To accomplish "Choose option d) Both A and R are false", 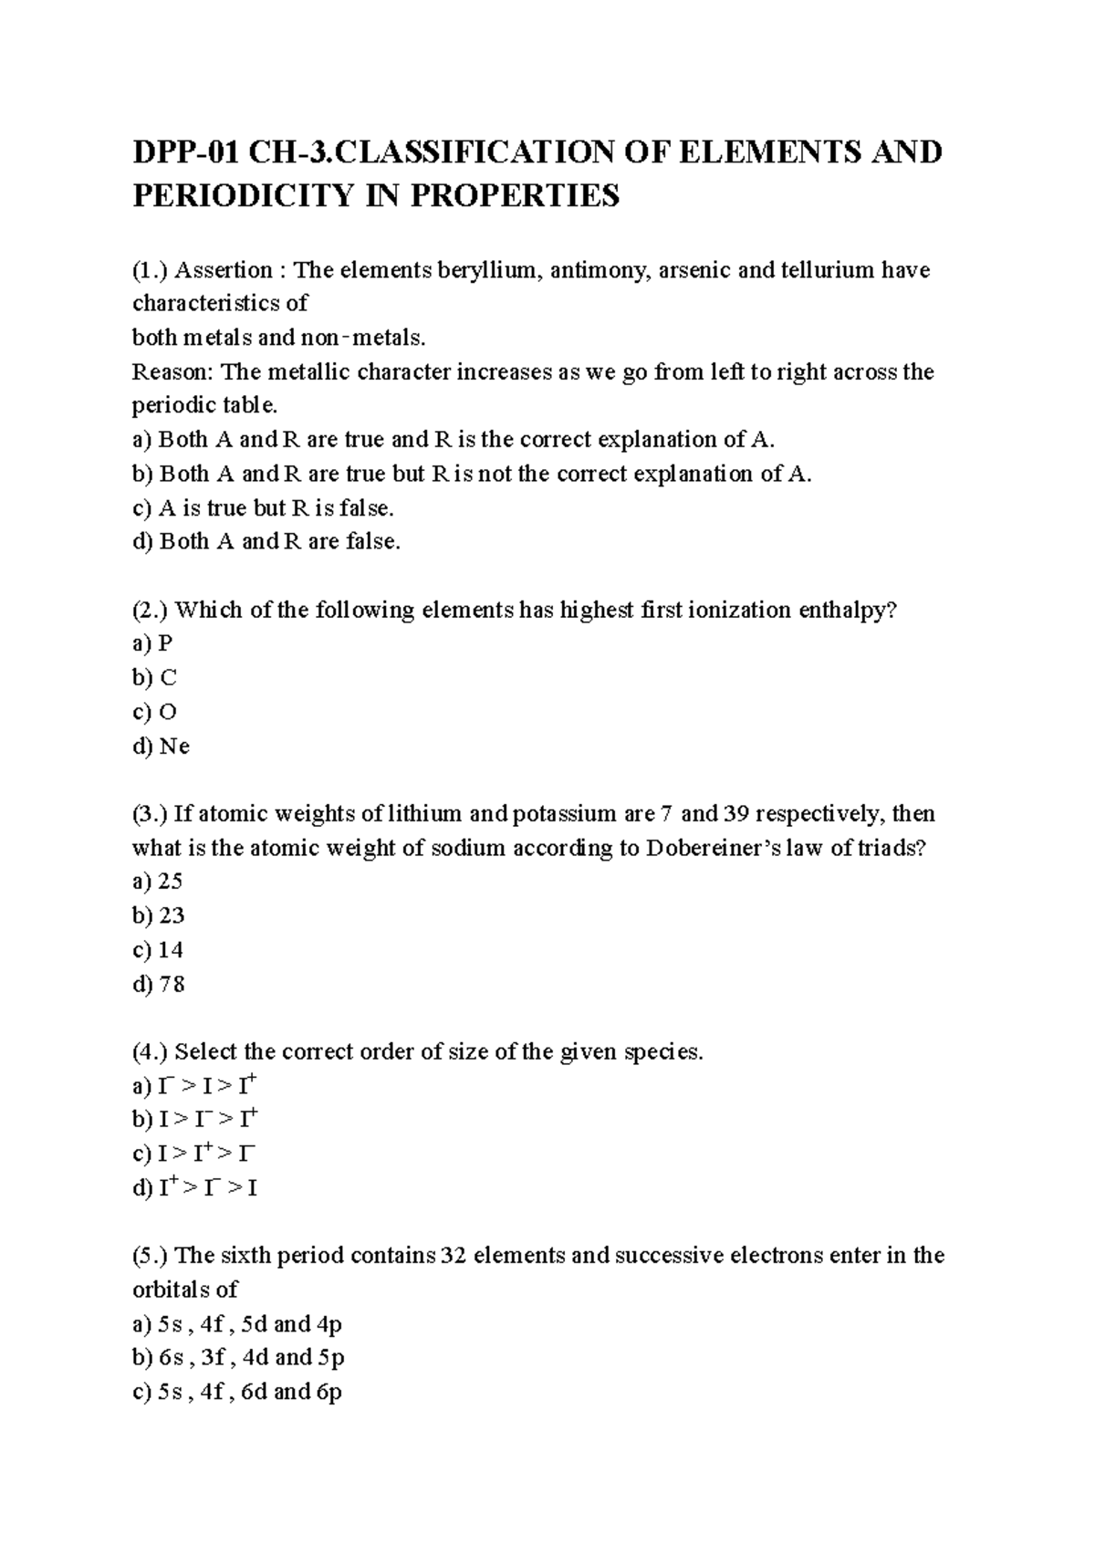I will tap(266, 542).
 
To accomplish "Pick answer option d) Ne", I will tap(162, 747).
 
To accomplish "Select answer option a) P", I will tap(152, 644).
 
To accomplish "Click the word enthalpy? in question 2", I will tap(848, 611).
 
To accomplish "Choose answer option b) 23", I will tap(159, 915).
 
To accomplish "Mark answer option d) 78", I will tap(159, 984).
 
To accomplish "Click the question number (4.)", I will tap(151, 1052).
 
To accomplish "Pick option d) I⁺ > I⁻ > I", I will tap(195, 1188).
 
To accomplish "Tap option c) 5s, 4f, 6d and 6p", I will tap(237, 1393).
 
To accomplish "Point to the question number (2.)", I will tap(151, 611).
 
